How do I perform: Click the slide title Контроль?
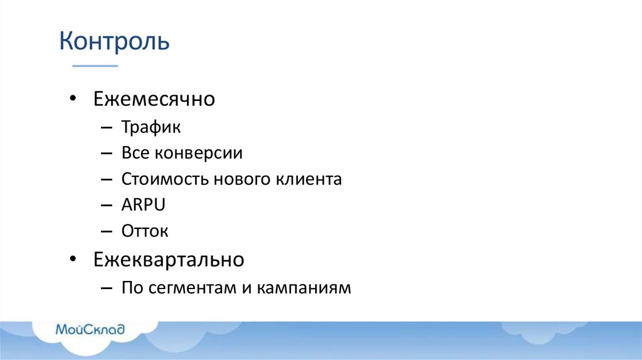pyautogui.click(x=114, y=41)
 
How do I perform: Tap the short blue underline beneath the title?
pyautogui.click(x=95, y=65)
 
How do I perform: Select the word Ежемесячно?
pyautogui.click(x=154, y=99)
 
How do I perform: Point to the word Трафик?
pyautogui.click(x=151, y=127)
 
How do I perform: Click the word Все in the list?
pyautogui.click(x=135, y=153)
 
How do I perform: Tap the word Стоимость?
pyautogui.click(x=165, y=179)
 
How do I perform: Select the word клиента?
pyautogui.click(x=309, y=179)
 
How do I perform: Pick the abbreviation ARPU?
pyautogui.click(x=144, y=205)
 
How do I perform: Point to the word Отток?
pyautogui.click(x=145, y=231)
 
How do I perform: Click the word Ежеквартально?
pyautogui.click(x=169, y=259)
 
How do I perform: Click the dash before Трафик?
pyautogui.click(x=106, y=128)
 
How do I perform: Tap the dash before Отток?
pyautogui.click(x=106, y=231)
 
